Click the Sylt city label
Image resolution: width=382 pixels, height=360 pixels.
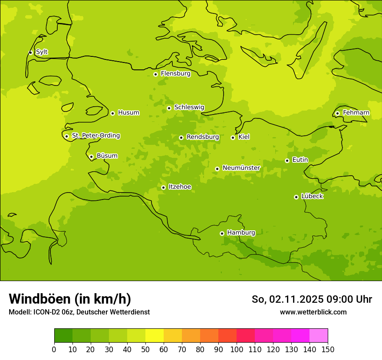coord(42,52)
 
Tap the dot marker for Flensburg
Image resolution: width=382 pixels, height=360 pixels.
coord(155,74)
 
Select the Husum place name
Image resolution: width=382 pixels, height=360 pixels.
coord(128,113)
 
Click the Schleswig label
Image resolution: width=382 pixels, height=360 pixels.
coord(189,107)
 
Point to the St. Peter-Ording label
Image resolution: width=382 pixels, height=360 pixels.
coord(95,136)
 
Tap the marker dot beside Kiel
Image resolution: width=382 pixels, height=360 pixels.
coord(233,137)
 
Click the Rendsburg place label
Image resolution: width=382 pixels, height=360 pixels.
coord(203,137)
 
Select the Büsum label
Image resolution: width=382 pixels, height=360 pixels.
coord(107,156)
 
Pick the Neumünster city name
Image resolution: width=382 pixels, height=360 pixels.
coord(241,168)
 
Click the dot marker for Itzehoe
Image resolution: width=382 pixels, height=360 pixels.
coord(163,187)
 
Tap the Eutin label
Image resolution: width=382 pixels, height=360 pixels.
coord(300,160)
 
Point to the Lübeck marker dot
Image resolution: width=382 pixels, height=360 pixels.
coord(296,197)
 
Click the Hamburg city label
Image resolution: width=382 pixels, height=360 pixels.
coord(241,233)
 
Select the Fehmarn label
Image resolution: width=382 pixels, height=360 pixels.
coord(356,113)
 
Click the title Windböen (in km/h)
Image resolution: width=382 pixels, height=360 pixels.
coord(70,299)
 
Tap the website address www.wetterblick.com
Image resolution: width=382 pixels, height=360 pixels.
coord(313,312)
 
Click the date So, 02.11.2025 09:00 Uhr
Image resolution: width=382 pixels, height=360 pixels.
coord(312,299)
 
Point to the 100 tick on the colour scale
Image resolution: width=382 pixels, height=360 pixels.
coord(237,349)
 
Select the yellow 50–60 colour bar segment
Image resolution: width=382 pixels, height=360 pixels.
coord(155,336)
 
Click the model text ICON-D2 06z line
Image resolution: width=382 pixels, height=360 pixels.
coord(79,312)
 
